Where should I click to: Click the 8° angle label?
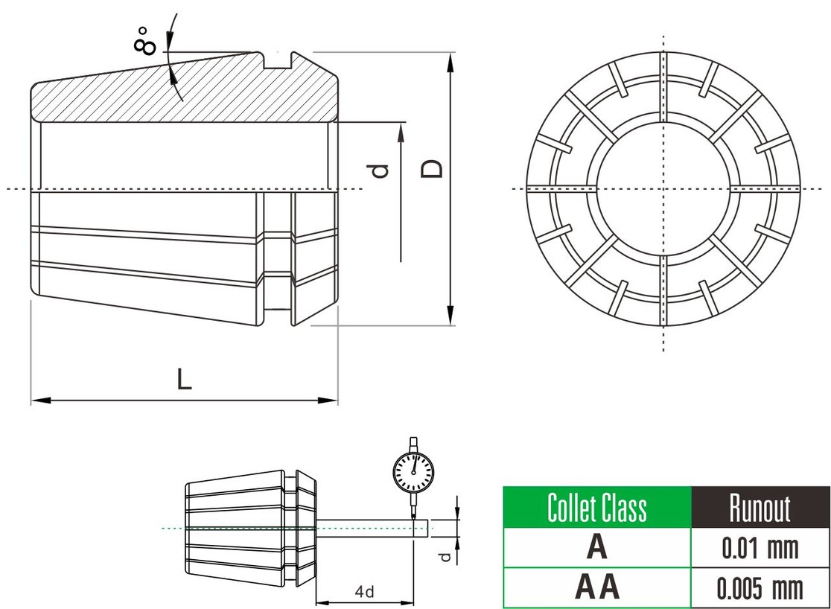coord(145,40)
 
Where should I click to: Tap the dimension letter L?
coord(184,380)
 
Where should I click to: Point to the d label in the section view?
coord(381,170)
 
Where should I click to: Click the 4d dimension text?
coord(364,592)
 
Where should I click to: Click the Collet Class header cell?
coord(597,508)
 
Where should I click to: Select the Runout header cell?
coord(760,508)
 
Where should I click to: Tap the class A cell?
coord(597,548)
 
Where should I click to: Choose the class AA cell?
coord(597,587)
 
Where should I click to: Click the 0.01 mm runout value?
coord(760,549)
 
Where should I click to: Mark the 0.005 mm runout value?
coord(760,588)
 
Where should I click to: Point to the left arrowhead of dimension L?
coord(37,401)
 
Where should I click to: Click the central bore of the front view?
coord(663,188)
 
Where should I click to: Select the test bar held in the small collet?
coord(372,528)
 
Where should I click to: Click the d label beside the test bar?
coord(445,557)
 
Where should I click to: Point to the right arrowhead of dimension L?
coord(331,401)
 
